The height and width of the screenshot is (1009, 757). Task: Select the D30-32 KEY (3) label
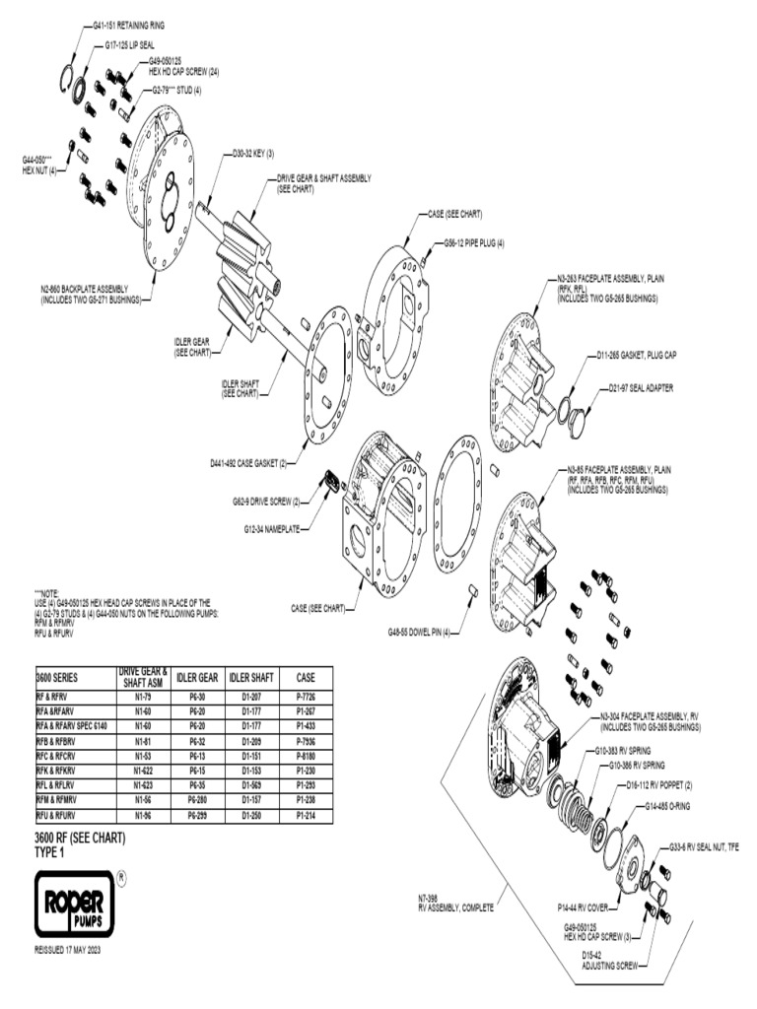pos(253,153)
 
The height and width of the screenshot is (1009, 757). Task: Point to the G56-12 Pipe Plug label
pos(474,242)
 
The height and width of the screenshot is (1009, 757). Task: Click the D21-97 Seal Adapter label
pos(641,387)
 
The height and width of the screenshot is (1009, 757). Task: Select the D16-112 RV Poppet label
pos(659,785)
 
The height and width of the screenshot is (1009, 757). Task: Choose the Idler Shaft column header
pos(251,678)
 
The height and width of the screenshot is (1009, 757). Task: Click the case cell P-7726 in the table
pos(305,696)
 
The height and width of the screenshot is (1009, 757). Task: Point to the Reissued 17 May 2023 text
pos(68,951)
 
